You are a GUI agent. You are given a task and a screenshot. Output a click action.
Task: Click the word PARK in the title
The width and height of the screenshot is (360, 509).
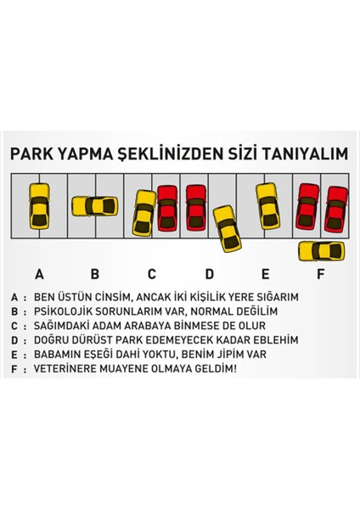29,155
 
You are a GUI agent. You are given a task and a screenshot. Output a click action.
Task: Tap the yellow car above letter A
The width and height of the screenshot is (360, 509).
38,206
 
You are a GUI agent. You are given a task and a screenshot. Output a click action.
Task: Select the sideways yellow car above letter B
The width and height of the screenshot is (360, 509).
93,206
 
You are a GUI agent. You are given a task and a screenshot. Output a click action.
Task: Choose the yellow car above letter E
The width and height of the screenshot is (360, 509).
268,206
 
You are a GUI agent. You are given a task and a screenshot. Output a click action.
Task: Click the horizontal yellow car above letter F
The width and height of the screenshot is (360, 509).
322,251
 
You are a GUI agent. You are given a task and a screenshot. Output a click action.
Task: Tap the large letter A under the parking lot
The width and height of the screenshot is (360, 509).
38,274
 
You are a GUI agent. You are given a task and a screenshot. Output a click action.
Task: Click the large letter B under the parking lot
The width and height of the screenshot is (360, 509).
95,274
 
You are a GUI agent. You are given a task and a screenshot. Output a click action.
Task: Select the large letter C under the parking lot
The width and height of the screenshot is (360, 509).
152,274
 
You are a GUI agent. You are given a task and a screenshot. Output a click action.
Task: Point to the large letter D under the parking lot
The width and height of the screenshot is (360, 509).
209,274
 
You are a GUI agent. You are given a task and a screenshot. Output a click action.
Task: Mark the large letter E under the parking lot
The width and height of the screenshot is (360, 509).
266,274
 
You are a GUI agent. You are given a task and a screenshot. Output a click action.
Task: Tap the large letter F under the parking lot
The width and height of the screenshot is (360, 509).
321,274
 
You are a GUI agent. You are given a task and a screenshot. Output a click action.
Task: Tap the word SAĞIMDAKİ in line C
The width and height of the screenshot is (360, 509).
64,326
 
